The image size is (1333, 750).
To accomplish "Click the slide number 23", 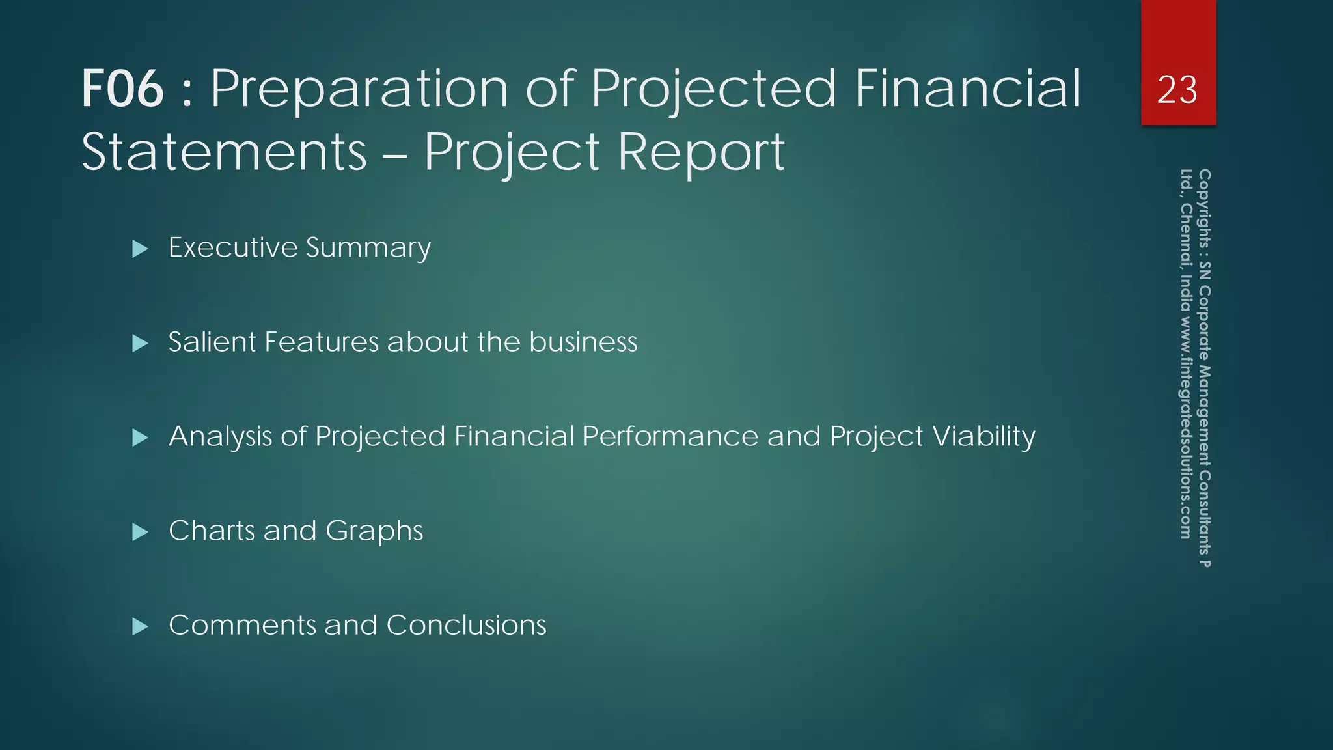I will click(1177, 90).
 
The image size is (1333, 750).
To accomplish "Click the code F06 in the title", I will click(122, 89).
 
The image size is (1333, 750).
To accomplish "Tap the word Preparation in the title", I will click(359, 89).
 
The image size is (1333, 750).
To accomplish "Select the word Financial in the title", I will click(967, 89).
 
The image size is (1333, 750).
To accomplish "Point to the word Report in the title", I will click(701, 152).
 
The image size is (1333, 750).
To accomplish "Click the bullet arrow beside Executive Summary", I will click(140, 249).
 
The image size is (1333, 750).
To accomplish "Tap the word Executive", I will click(233, 247).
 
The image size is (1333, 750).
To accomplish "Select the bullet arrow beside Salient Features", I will click(140, 343).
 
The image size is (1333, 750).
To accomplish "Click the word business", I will click(583, 342).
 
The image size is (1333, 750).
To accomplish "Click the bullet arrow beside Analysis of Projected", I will click(140, 437).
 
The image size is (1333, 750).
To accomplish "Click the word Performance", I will click(670, 437).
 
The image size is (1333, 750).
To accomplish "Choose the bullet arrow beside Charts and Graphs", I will click(140, 532).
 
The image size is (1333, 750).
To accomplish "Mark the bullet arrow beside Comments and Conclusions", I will click(140, 626).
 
